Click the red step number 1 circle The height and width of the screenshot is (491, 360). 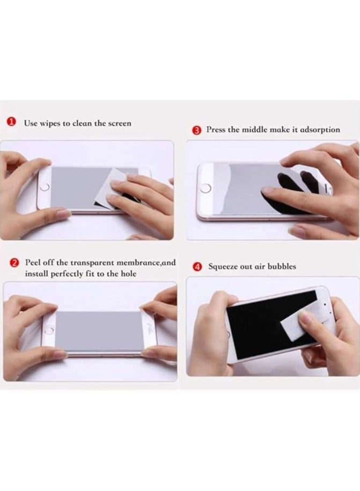(11, 123)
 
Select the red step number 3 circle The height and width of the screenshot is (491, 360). (196, 130)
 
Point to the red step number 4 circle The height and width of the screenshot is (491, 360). (197, 266)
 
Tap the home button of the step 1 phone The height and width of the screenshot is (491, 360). (45, 187)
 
